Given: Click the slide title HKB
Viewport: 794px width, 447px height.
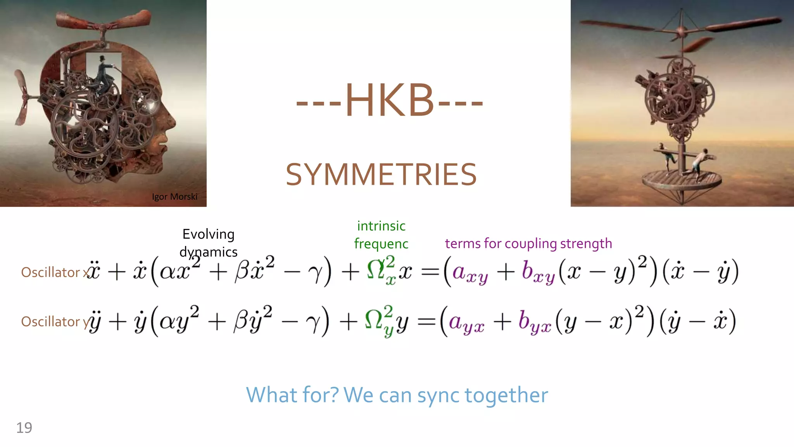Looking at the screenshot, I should (x=389, y=101).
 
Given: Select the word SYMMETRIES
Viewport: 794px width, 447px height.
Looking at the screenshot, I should (x=381, y=175).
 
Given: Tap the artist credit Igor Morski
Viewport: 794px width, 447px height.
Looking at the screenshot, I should (x=174, y=197).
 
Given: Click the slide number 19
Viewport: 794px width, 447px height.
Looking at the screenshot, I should (x=24, y=428).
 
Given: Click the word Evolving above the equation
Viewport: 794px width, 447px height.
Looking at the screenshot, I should (x=209, y=234).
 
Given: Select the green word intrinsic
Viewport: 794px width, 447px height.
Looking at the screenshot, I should (x=381, y=226).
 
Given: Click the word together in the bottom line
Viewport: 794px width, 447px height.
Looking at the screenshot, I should (x=506, y=395).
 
